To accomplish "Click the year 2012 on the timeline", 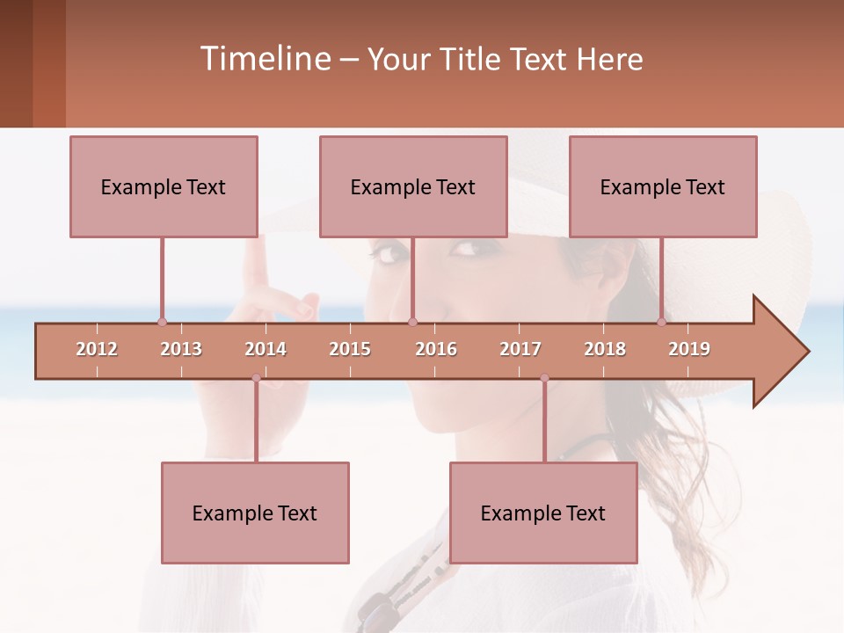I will point(97,349).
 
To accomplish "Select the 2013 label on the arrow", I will point(181,349).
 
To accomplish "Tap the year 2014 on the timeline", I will point(266,349).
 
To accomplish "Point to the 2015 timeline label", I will point(350,349).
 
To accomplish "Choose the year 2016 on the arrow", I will point(436,349).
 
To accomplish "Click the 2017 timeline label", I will point(520,349).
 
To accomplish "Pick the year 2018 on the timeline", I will point(605,349).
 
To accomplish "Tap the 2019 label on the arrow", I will point(689,349).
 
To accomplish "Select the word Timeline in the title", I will point(264,59).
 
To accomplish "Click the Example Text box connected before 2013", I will point(164,186).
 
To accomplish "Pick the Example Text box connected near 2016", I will point(413,186).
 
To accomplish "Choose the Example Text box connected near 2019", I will point(663,186).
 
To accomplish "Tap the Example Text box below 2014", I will point(255,513).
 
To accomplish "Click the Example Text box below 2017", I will point(543,513).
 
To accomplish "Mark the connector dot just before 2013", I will point(162,323).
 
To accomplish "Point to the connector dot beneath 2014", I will point(256,378).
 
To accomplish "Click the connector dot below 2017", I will point(544,378).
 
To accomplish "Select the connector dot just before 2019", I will point(661,323).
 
